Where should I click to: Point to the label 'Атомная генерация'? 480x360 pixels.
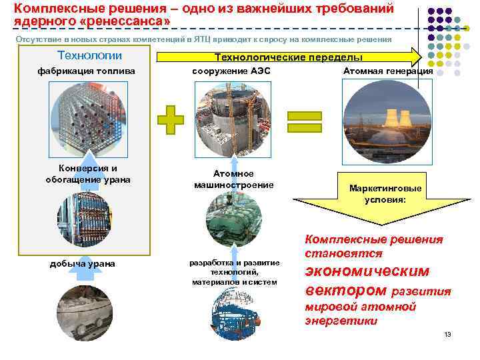pyautogui.click(x=388, y=71)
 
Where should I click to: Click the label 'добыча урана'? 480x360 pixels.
pyautogui.click(x=83, y=264)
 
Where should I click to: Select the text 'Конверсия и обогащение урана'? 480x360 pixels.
pyautogui.click(x=88, y=174)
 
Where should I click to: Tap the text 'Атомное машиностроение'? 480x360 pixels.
pyautogui.click(x=233, y=179)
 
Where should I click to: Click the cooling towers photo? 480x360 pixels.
pyautogui.click(x=386, y=120)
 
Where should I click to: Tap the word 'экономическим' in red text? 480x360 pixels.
pyautogui.click(x=367, y=271)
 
